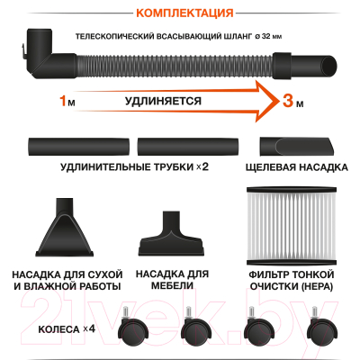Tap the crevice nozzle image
point(297,144)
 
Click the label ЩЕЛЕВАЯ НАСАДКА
point(297,170)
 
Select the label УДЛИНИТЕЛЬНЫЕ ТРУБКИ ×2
point(135,170)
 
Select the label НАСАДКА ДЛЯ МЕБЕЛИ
point(171,281)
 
